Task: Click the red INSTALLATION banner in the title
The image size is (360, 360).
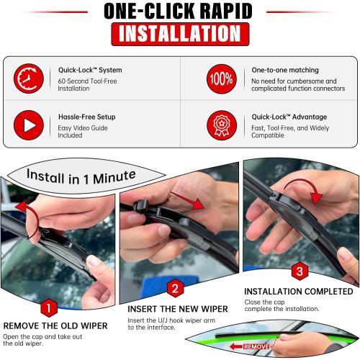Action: [x=180, y=34]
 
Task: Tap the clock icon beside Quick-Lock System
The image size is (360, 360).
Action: [x=29, y=78]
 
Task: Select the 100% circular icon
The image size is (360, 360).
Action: [x=220, y=78]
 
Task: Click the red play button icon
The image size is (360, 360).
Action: [x=29, y=125]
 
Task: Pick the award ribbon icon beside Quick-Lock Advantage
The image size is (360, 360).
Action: [x=220, y=125]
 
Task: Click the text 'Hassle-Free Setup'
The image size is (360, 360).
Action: [x=86, y=117]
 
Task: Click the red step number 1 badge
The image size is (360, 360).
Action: [x=48, y=309]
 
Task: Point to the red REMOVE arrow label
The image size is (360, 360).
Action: [x=248, y=346]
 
